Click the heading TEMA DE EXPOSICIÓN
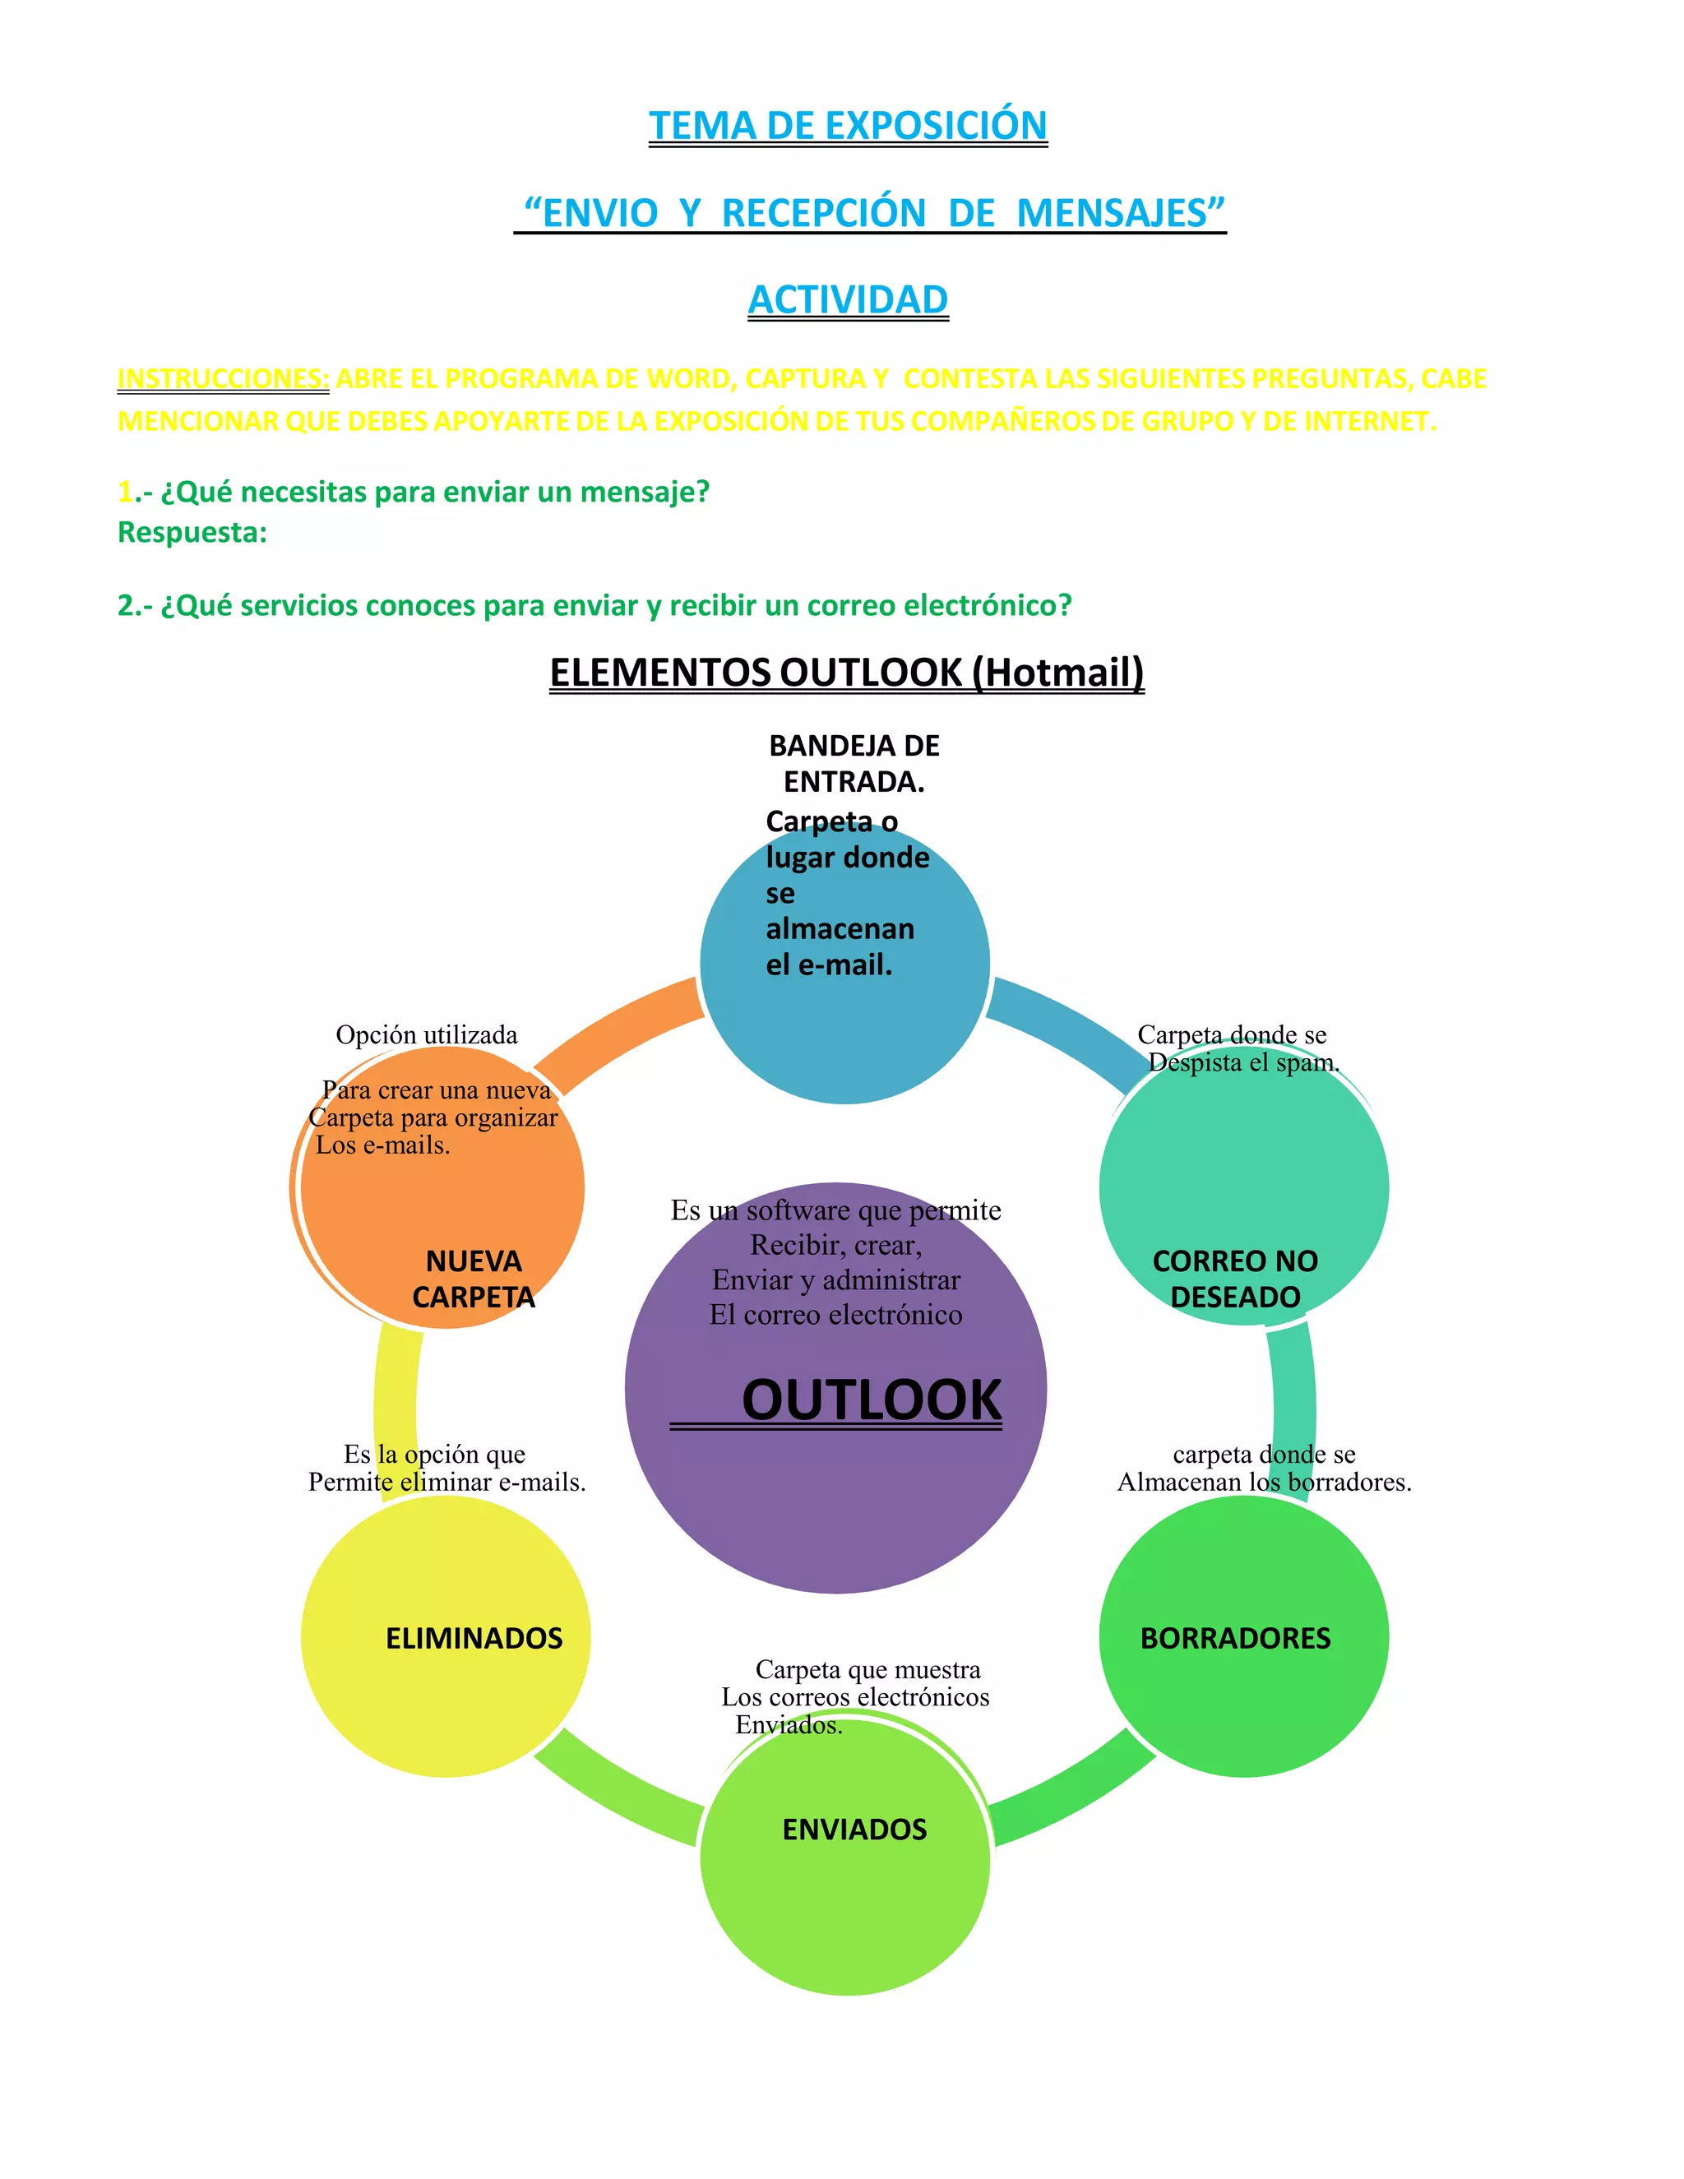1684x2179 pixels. pyautogui.click(x=848, y=126)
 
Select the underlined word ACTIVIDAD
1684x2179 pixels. pyautogui.click(x=848, y=299)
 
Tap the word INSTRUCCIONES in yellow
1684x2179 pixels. pyautogui.click(x=223, y=379)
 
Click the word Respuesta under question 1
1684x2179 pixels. pyautogui.click(x=192, y=533)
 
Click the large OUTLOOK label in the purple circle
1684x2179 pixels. pyautogui.click(x=871, y=1399)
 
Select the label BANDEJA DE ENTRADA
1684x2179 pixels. pyautogui.click(x=854, y=763)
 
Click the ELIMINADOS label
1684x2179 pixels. pyautogui.click(x=474, y=1638)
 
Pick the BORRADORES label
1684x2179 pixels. pyautogui.click(x=1235, y=1638)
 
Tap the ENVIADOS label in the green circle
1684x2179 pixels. pyautogui.click(x=854, y=1830)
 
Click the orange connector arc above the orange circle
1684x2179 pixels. pyautogui.click(x=618, y=1033)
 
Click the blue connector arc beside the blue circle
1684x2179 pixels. pyautogui.click(x=1067, y=1028)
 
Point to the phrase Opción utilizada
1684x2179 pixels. pyautogui.click(x=426, y=1034)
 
